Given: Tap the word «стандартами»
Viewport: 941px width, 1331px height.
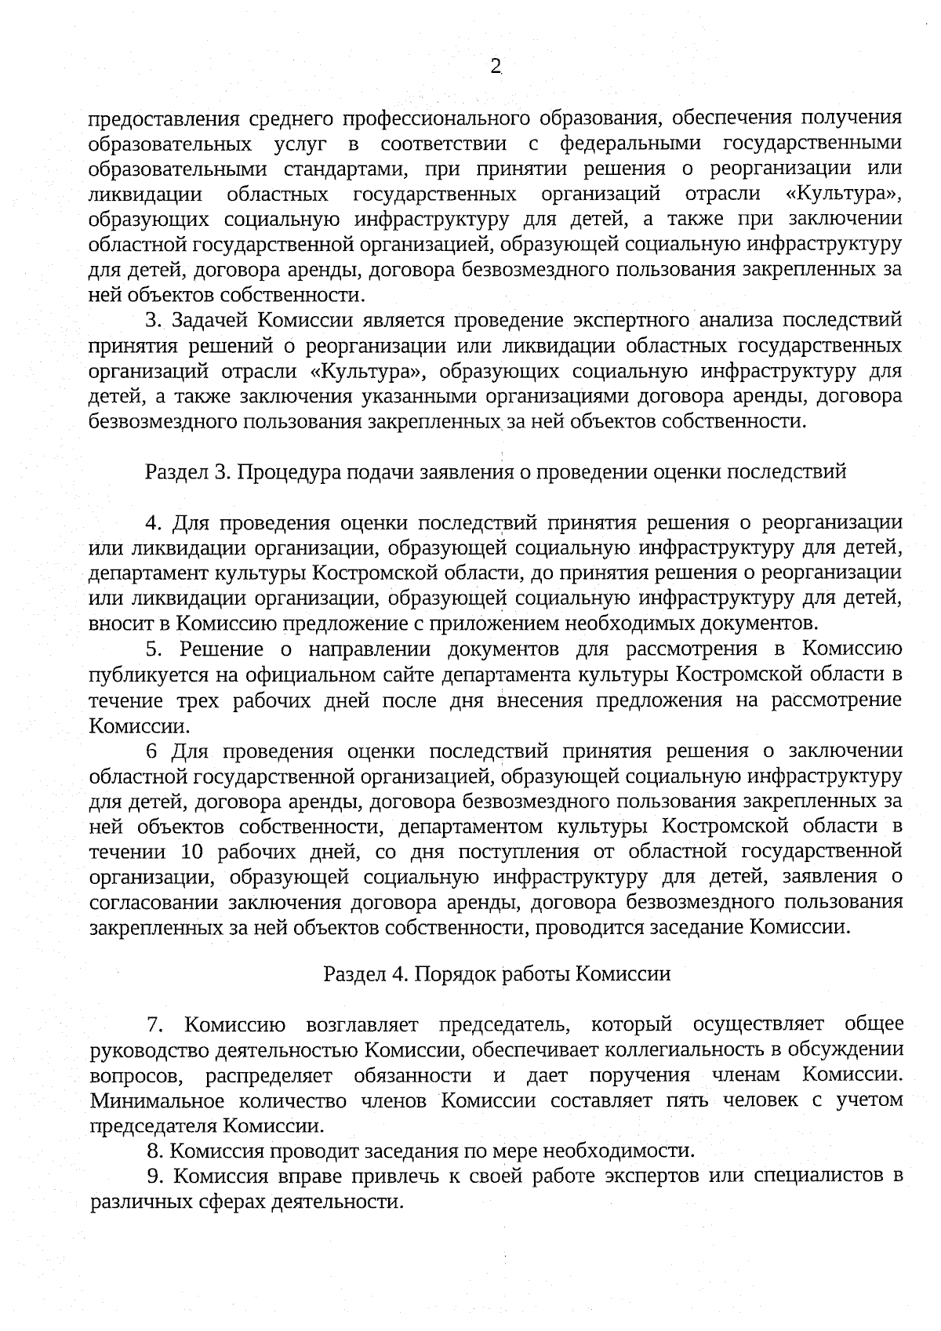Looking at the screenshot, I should coord(347,169).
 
